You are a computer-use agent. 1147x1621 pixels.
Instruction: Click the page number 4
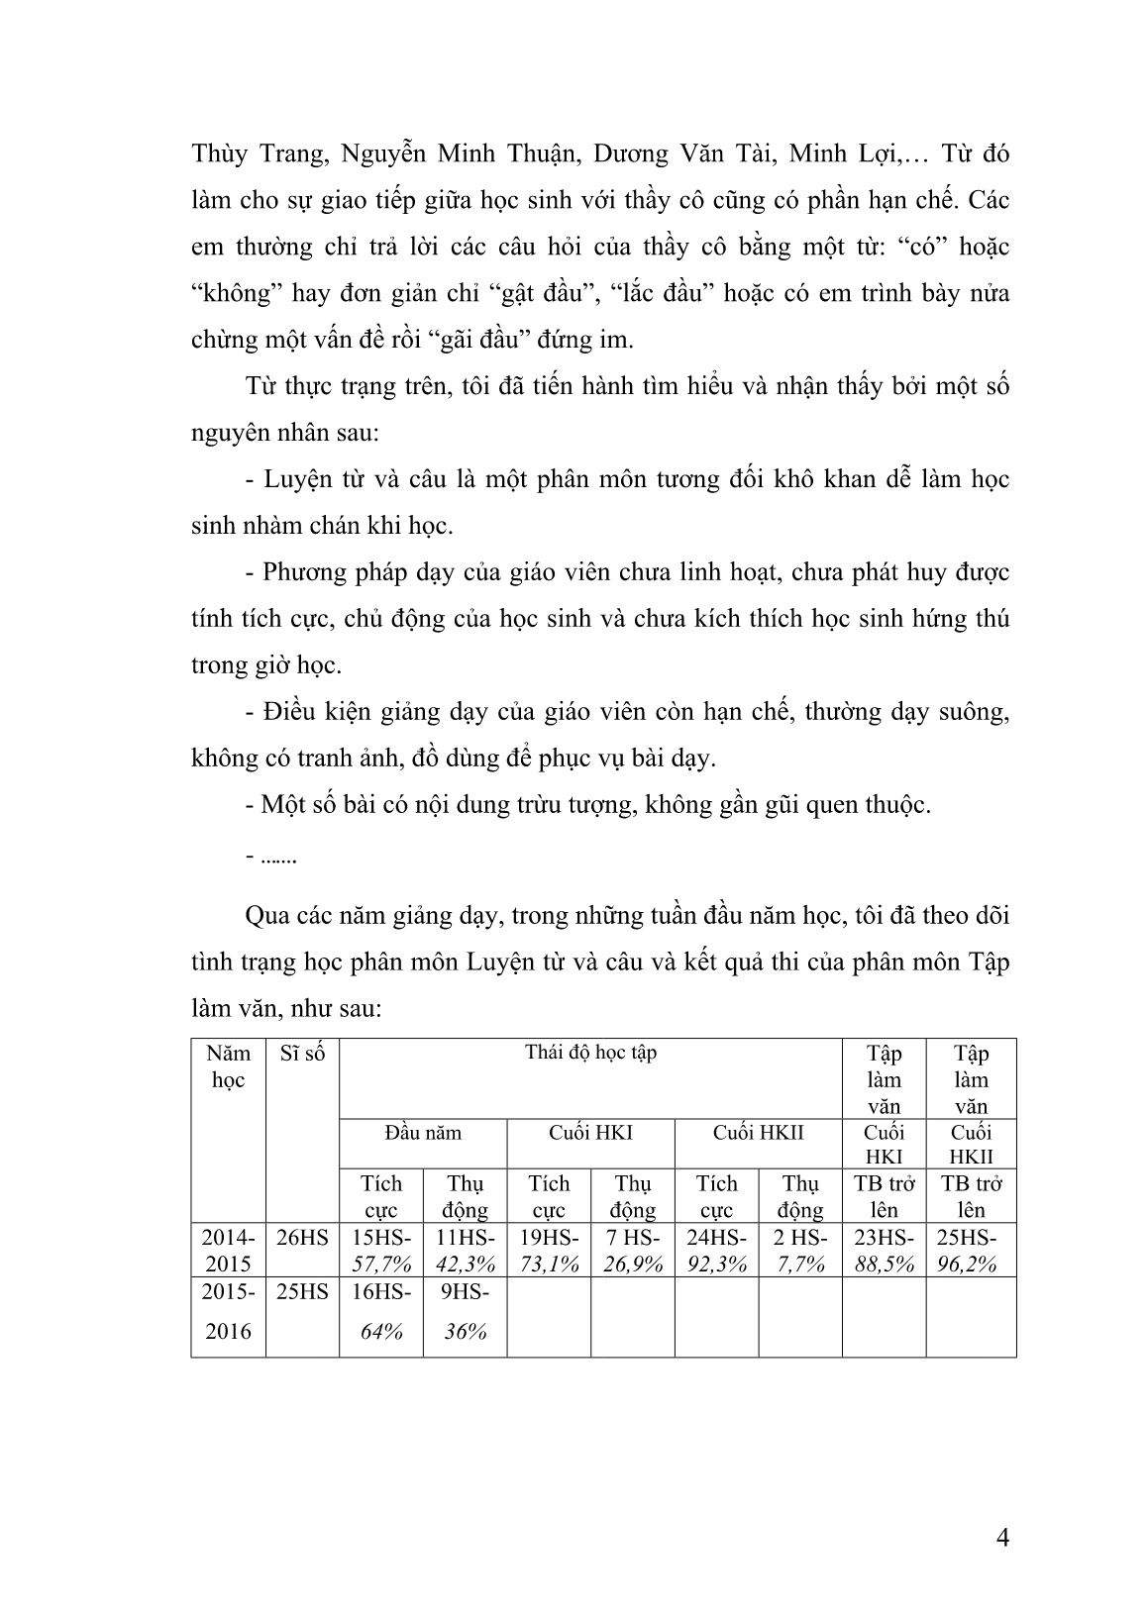[1002, 1538]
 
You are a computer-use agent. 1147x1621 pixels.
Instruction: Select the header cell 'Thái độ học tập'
[590, 1053]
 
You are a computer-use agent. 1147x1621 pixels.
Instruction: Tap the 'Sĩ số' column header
[303, 1054]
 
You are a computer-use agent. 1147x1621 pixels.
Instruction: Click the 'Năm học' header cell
[229, 1066]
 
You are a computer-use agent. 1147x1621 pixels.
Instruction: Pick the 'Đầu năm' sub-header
[423, 1133]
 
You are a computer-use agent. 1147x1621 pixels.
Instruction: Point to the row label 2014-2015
[229, 1250]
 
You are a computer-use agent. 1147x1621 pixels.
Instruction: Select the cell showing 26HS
[303, 1238]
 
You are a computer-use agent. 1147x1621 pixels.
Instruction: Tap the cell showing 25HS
[303, 1292]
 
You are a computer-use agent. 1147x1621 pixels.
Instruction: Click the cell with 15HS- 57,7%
[381, 1250]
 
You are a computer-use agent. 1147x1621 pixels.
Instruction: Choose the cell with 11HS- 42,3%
[465, 1250]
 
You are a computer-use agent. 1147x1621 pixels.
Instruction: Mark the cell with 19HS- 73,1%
[549, 1250]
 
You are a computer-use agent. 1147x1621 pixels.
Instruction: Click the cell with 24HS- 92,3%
[716, 1250]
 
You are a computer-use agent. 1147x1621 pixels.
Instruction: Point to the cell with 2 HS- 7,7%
[800, 1250]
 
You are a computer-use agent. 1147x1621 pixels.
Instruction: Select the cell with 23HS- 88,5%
[884, 1250]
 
